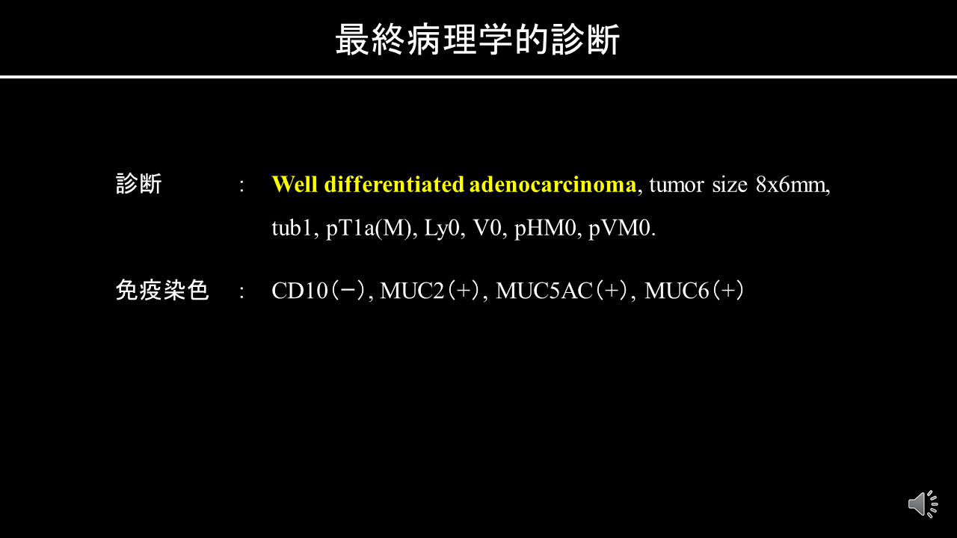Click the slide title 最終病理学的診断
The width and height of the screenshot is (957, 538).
[478, 40]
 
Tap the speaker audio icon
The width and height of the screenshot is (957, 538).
[923, 504]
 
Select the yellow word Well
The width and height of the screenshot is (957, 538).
[295, 185]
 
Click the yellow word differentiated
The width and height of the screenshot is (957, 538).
[394, 185]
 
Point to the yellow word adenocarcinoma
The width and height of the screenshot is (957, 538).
[553, 185]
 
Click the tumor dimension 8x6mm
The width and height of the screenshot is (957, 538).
[793, 185]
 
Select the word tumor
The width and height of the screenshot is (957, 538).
[677, 185]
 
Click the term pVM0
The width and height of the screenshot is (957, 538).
[621, 229]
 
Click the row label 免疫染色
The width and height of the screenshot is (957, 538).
[162, 291]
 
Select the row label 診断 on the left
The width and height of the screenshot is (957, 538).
[139, 184]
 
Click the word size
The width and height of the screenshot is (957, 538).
[730, 185]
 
